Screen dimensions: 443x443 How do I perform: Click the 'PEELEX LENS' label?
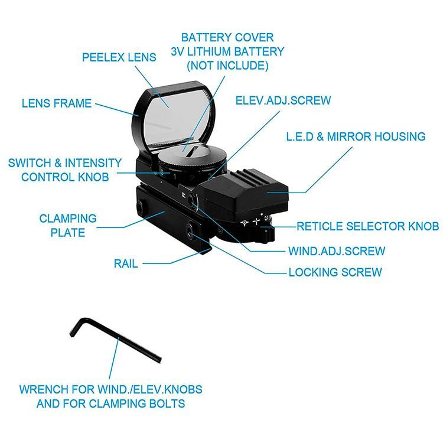click(119, 57)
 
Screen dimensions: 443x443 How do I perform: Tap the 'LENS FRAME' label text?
click(57, 103)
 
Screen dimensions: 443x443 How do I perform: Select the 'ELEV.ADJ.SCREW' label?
click(283, 100)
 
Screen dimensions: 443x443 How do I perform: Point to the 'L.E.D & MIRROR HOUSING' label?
click(356, 136)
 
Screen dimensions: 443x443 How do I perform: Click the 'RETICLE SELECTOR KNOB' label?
click(368, 226)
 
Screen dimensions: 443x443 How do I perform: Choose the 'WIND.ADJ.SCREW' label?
click(337, 251)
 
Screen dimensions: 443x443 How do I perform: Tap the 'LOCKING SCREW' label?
click(335, 272)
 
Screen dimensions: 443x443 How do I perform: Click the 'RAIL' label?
click(126, 263)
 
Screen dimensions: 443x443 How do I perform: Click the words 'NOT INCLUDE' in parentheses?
click(227, 66)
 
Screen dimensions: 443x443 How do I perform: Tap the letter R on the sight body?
click(183, 195)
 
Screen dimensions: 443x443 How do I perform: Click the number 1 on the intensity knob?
click(175, 177)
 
